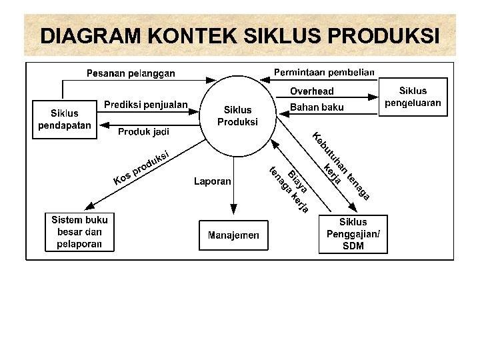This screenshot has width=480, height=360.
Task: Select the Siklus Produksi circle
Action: click(238, 116)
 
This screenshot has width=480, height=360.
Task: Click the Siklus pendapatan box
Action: click(65, 119)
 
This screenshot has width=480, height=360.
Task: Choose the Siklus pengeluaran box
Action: click(413, 97)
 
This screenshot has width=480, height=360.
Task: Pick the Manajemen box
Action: click(233, 235)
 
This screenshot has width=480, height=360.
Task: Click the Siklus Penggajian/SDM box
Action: click(353, 234)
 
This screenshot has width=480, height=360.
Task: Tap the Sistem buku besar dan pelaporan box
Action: click(79, 231)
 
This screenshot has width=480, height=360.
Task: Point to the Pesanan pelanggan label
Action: click(131, 73)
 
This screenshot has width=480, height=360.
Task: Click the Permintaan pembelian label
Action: click(325, 72)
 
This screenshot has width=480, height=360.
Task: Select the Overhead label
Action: click(312, 91)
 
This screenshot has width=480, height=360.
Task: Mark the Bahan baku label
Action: click(317, 107)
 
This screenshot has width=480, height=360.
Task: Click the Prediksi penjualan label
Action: click(146, 105)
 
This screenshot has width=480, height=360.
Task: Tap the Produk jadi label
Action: click(143, 132)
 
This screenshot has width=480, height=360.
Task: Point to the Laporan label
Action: click(213, 181)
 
